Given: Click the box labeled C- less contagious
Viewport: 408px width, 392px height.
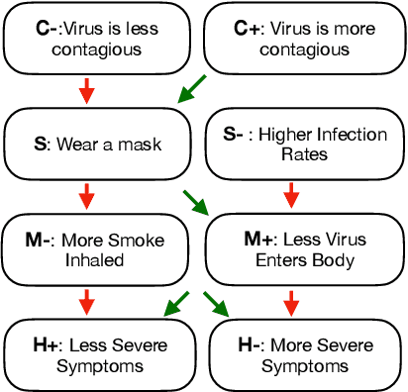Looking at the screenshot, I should coord(97,38).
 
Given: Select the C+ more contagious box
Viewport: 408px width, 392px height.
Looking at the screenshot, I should coord(304,38).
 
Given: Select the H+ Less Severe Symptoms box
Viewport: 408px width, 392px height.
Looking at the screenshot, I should coord(97,355).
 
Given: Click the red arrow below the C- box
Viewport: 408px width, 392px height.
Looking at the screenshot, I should coord(87,91).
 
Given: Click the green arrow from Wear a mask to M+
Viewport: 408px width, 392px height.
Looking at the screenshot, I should coord(197,201).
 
